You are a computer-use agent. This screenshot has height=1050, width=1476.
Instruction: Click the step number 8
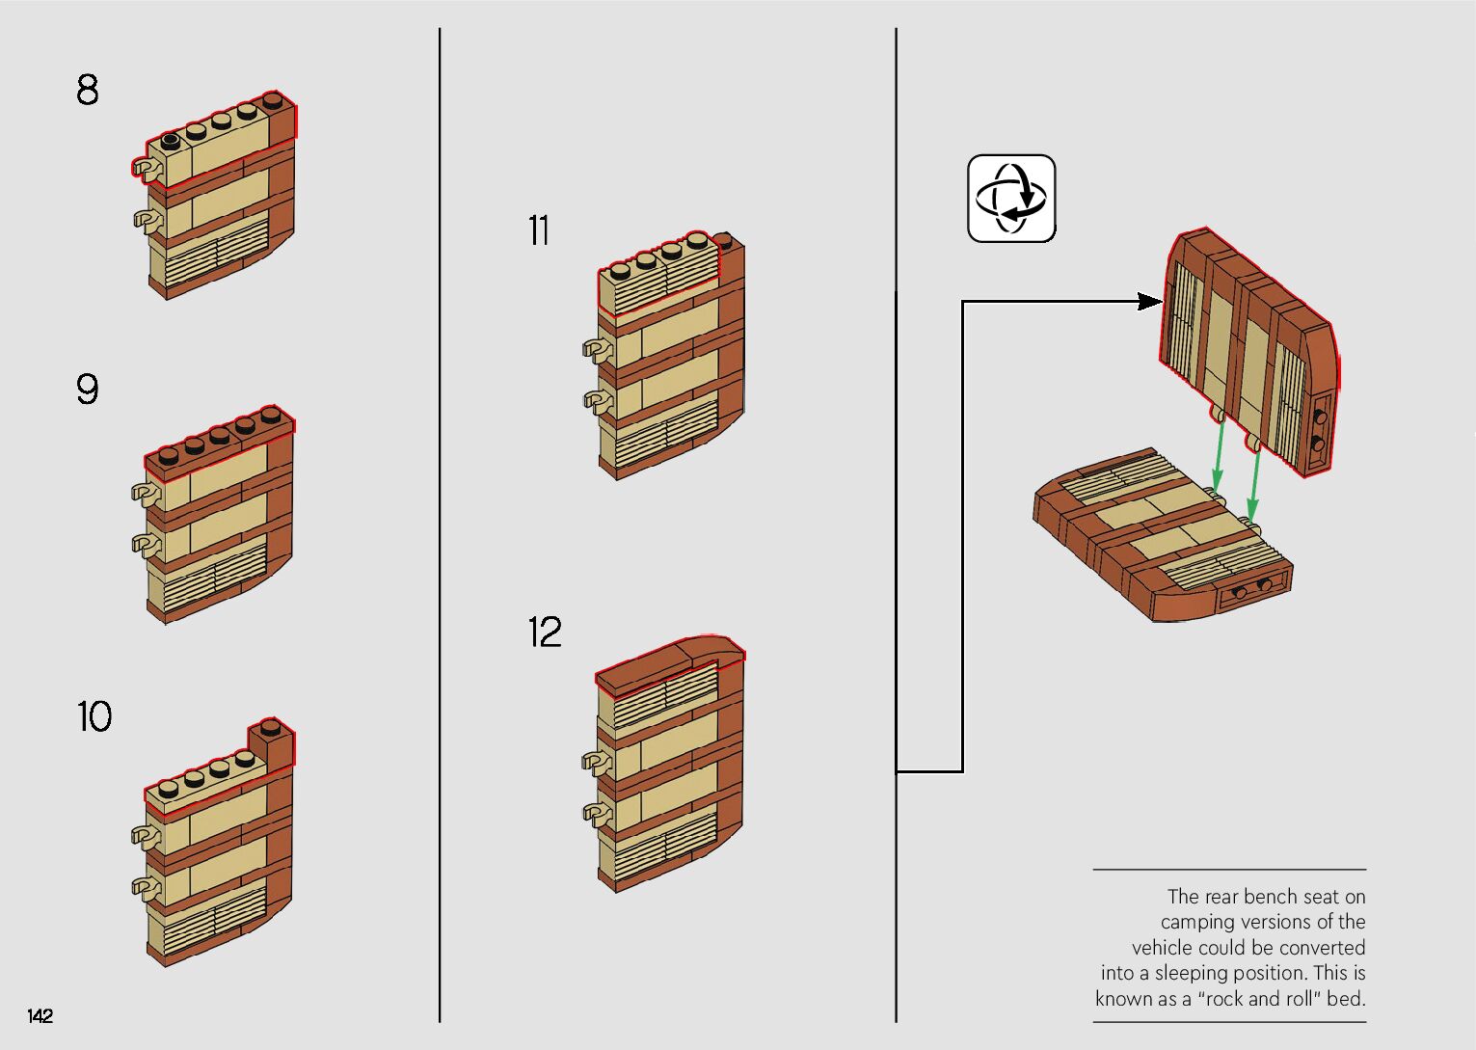(x=87, y=90)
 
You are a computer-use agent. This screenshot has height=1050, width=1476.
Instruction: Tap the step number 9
(x=87, y=389)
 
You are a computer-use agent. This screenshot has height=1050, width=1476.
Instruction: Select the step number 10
(x=94, y=716)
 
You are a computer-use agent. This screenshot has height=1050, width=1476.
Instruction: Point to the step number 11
(x=538, y=230)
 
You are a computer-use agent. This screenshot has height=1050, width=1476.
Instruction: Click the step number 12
(x=544, y=633)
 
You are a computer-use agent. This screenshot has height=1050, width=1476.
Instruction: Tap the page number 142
(x=40, y=1015)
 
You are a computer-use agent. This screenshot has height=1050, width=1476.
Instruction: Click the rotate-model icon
(x=1011, y=198)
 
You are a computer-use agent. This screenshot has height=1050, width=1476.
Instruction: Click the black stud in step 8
(x=172, y=141)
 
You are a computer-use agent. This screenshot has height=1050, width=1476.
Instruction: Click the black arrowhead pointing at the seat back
(x=1148, y=302)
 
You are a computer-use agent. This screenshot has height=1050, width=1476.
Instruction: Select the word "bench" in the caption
(x=1250, y=897)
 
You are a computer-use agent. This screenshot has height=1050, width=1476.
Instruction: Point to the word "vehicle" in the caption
(x=1163, y=948)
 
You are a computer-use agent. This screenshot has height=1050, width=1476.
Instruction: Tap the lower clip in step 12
(x=595, y=811)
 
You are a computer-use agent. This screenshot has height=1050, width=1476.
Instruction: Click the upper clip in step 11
(x=595, y=348)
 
